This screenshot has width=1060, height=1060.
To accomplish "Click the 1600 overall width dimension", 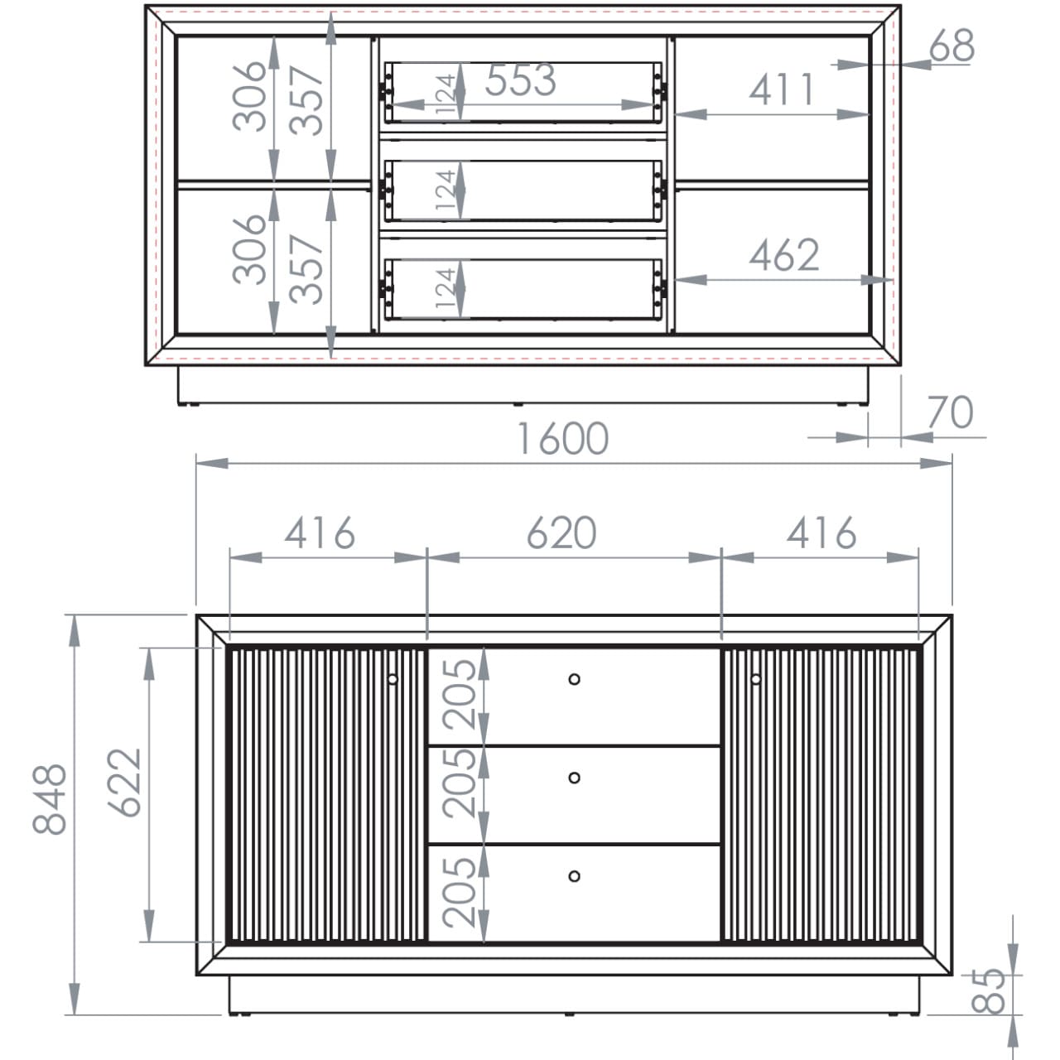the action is point(563,438).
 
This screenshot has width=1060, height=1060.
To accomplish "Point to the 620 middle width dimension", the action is point(561,533).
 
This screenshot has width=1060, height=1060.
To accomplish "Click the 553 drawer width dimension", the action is point(520,79).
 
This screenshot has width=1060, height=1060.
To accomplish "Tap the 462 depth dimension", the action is point(784,255).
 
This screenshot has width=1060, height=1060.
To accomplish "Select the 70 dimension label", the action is point(951,412).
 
